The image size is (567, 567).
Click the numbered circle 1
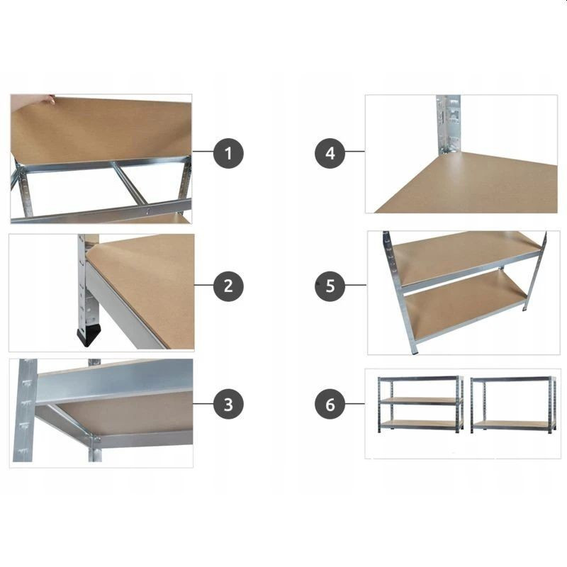tap(228, 153)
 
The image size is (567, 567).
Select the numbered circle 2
tap(228, 286)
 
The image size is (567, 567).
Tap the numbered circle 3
tap(228, 404)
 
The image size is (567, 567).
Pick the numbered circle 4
tap(330, 153)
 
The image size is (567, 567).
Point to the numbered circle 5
tap(330, 286)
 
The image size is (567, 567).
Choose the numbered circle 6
tap(330, 404)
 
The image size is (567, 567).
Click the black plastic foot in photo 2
tap(89, 335)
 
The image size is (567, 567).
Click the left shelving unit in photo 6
tap(420, 404)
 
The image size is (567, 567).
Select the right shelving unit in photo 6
tap(513, 405)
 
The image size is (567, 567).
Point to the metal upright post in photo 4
tap(449, 124)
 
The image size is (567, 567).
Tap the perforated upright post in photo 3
tap(25, 410)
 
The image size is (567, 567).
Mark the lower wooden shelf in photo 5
tap(465, 308)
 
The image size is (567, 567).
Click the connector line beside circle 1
tap(203, 151)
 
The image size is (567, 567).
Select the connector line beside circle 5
tap(356, 285)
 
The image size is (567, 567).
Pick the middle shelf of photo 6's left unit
tap(421, 401)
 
